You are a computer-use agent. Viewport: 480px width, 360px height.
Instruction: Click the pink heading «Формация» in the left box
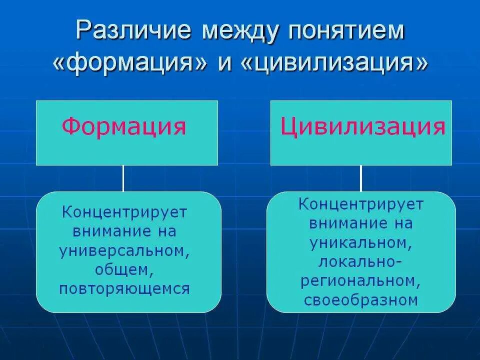(124, 126)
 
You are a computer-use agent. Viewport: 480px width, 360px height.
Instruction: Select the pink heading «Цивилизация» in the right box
(362, 127)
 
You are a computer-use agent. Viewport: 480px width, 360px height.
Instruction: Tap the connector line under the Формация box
(123, 178)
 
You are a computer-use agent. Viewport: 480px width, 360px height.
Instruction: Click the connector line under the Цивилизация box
(360, 178)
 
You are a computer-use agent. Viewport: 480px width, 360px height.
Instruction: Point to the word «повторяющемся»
(124, 289)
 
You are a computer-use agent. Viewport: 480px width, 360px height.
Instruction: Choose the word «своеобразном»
(360, 300)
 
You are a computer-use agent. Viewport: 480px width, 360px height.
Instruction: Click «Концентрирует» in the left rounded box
(124, 212)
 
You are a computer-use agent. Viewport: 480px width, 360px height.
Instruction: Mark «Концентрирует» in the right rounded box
(361, 204)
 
